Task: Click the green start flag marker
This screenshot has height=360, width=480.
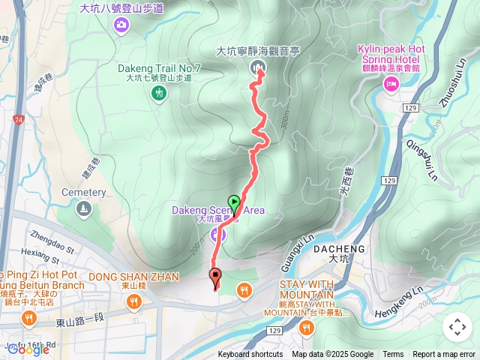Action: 234,202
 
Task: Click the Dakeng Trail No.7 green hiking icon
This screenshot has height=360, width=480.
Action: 158,93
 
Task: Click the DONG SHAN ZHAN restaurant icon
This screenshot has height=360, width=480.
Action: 133,301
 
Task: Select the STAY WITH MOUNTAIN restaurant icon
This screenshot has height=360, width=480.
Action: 306,327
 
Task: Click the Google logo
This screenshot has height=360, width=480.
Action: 28,349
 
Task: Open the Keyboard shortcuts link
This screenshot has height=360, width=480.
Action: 250,355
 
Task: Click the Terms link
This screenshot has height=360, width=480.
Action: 393,355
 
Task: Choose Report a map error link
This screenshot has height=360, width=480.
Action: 444,355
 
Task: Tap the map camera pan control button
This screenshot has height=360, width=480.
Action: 457,327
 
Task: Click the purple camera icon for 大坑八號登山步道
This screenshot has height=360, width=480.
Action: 121,26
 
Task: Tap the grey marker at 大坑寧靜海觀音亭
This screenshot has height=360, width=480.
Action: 258,69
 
